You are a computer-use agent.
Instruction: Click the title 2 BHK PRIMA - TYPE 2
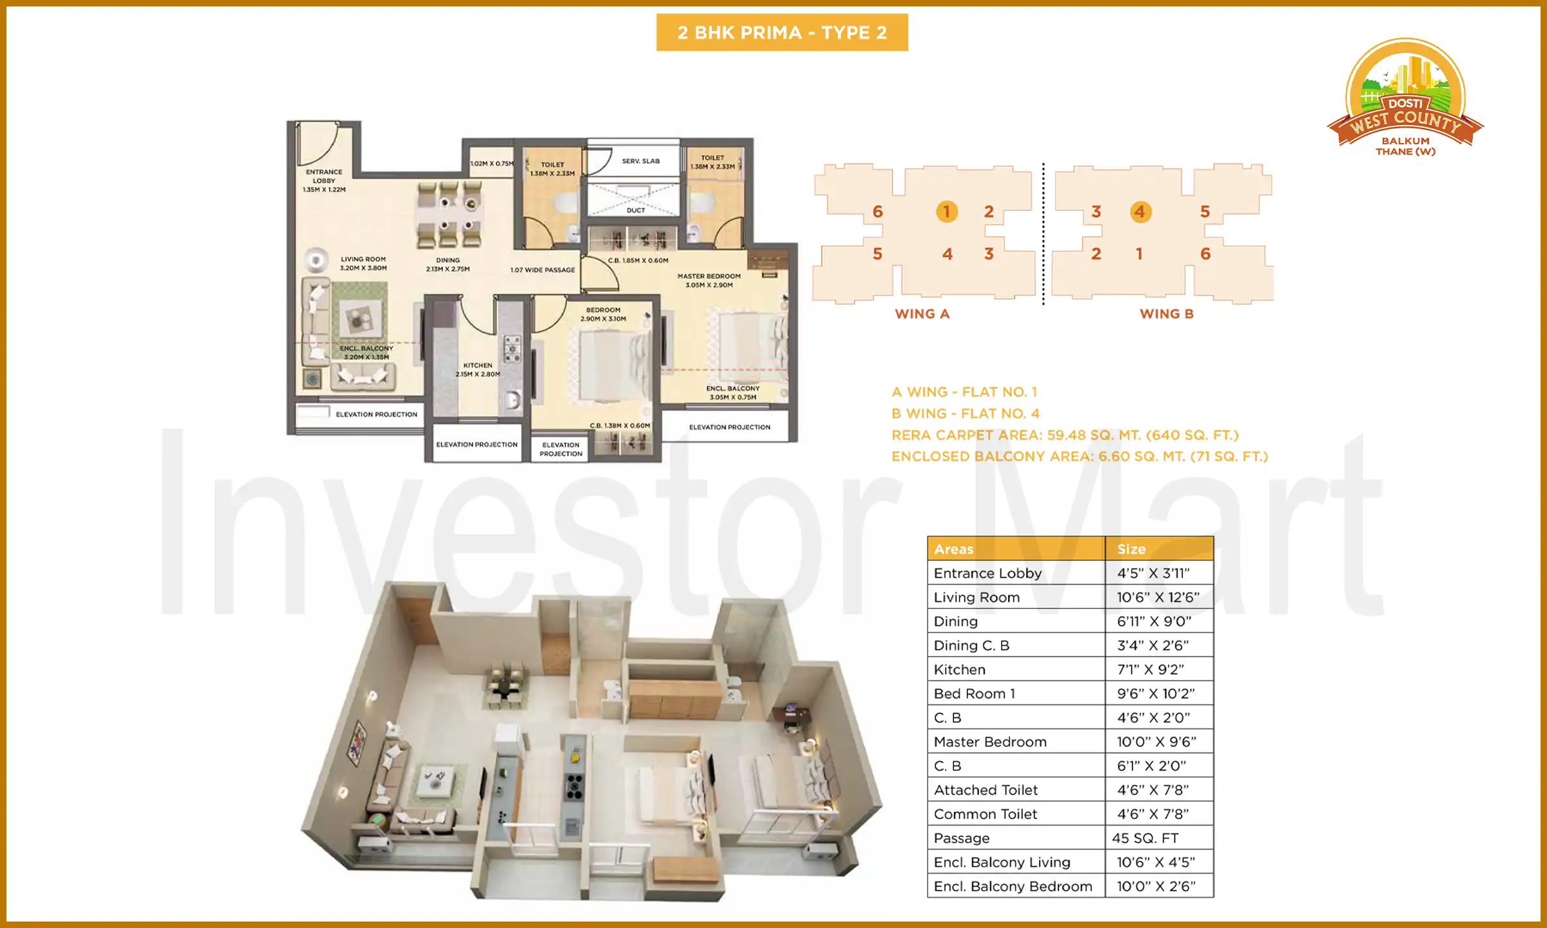(782, 32)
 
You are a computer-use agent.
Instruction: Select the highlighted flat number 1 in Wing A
(946, 211)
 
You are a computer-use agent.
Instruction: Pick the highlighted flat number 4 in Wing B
(1140, 211)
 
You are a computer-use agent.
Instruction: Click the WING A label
(922, 314)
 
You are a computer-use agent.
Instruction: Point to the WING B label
(1167, 314)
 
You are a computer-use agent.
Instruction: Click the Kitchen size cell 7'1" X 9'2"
(1151, 670)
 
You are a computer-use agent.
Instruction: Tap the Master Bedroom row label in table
(990, 742)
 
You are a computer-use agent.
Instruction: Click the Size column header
(1131, 549)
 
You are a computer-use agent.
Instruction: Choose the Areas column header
(954, 549)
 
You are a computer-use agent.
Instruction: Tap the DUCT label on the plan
(636, 210)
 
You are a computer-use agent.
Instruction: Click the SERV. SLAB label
(641, 161)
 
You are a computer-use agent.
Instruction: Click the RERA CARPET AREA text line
(1065, 435)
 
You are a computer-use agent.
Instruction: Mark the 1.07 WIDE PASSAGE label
(543, 270)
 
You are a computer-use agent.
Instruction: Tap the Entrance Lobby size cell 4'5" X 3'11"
(1154, 573)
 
